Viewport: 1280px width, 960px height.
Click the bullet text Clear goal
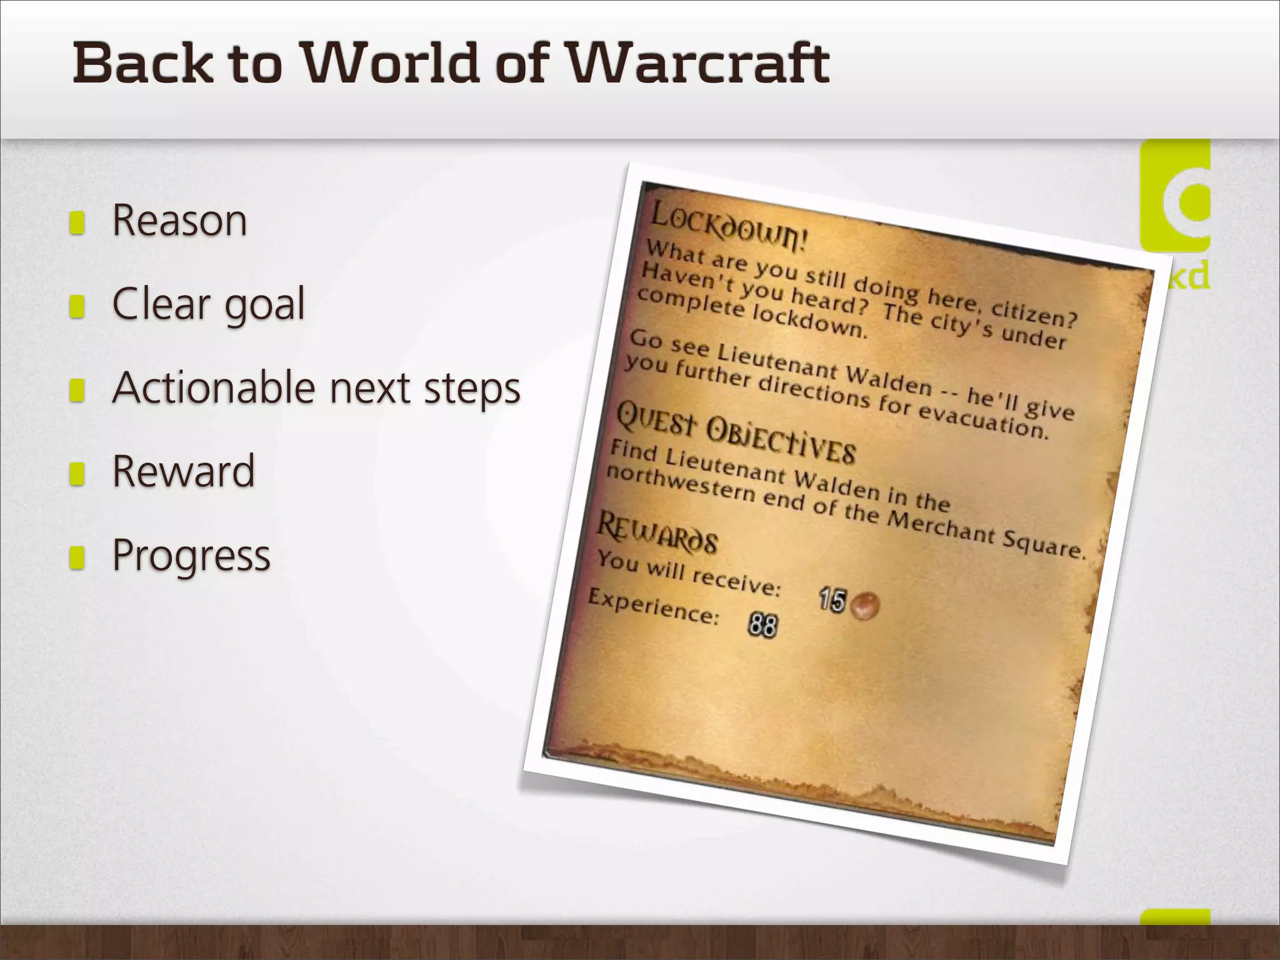208,304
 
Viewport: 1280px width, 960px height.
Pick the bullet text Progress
191,555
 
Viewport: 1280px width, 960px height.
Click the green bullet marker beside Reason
77,222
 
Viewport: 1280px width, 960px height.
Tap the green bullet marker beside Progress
77,557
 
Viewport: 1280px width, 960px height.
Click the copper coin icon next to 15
865,606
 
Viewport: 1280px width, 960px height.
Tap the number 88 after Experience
762,624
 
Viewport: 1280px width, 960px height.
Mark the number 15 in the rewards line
832,600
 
